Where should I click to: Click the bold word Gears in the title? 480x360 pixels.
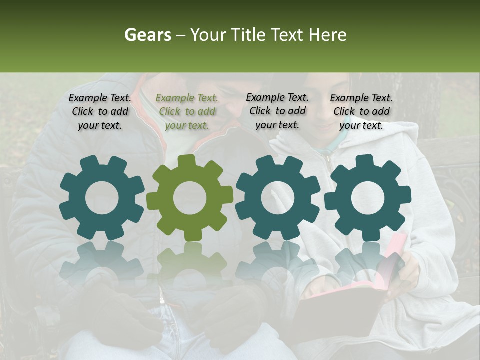point(147,35)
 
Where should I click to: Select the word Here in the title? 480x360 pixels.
point(327,35)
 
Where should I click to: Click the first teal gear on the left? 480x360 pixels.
point(102,198)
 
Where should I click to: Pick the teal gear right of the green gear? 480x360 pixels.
point(278,198)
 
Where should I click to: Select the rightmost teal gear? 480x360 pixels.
point(367,198)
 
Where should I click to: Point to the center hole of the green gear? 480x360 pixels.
point(190,198)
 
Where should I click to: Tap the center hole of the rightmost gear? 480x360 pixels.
point(367,198)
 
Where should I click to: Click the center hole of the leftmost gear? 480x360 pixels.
point(102,198)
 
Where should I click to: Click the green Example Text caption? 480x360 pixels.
point(187,112)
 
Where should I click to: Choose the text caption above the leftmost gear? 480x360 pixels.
point(100,112)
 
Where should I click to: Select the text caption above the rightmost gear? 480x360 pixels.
point(361,112)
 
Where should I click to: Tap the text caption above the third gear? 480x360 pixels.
point(277,111)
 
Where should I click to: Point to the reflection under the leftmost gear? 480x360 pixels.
point(102,262)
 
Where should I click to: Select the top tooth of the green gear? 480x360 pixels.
point(186,161)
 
